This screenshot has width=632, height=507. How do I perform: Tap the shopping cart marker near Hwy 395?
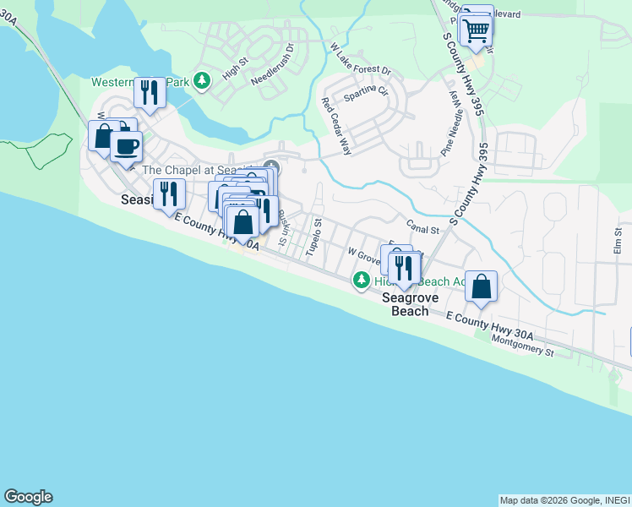[x=477, y=30]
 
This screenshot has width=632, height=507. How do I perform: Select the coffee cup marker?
[x=127, y=145]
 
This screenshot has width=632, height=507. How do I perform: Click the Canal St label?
[x=423, y=228]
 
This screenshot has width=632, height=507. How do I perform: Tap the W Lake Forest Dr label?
[x=361, y=58]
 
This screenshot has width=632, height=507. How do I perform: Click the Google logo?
[x=28, y=497]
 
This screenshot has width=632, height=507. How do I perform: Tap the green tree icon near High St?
[x=201, y=81]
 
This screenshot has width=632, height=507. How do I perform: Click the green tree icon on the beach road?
[x=362, y=279]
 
